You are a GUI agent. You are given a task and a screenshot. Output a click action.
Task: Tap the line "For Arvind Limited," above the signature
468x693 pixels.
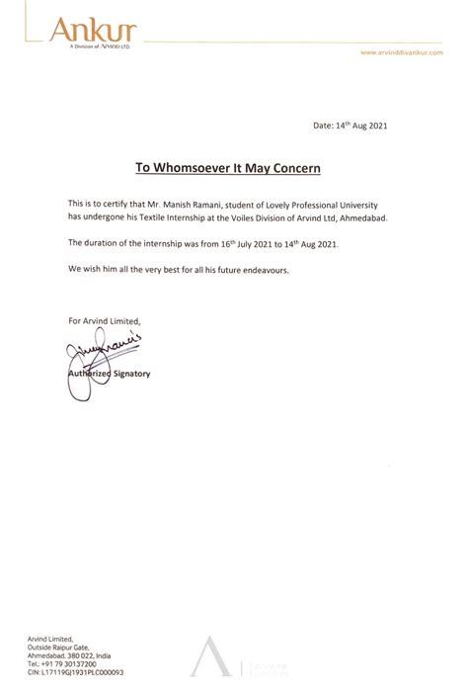(x=105, y=321)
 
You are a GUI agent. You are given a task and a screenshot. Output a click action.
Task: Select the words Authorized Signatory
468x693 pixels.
(x=109, y=377)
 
